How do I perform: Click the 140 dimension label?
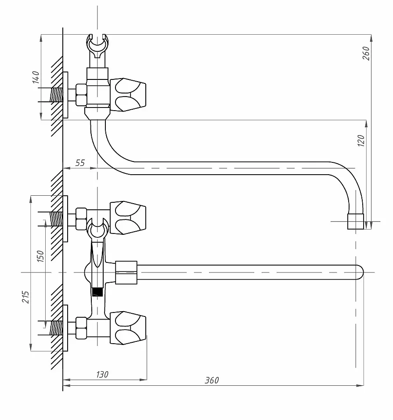click(x=36, y=77)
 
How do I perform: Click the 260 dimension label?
click(x=366, y=53)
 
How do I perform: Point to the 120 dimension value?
click(x=361, y=140)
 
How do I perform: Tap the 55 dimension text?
click(x=80, y=162)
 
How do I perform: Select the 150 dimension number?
click(x=40, y=256)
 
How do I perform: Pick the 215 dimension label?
click(x=26, y=297)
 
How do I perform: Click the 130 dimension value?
click(x=102, y=374)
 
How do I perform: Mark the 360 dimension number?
click(x=212, y=380)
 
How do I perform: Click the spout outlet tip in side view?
click(x=356, y=222)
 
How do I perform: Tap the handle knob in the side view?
click(x=128, y=95)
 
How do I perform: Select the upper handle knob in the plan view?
click(x=128, y=218)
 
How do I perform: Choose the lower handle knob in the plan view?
click(x=128, y=328)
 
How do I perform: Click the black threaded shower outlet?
click(x=97, y=292)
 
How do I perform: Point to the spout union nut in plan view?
click(x=126, y=273)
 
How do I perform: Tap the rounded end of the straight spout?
click(x=360, y=272)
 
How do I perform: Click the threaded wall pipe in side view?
click(x=56, y=95)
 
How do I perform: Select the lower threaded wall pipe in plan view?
click(x=56, y=328)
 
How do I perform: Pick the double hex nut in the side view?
click(x=81, y=95)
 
